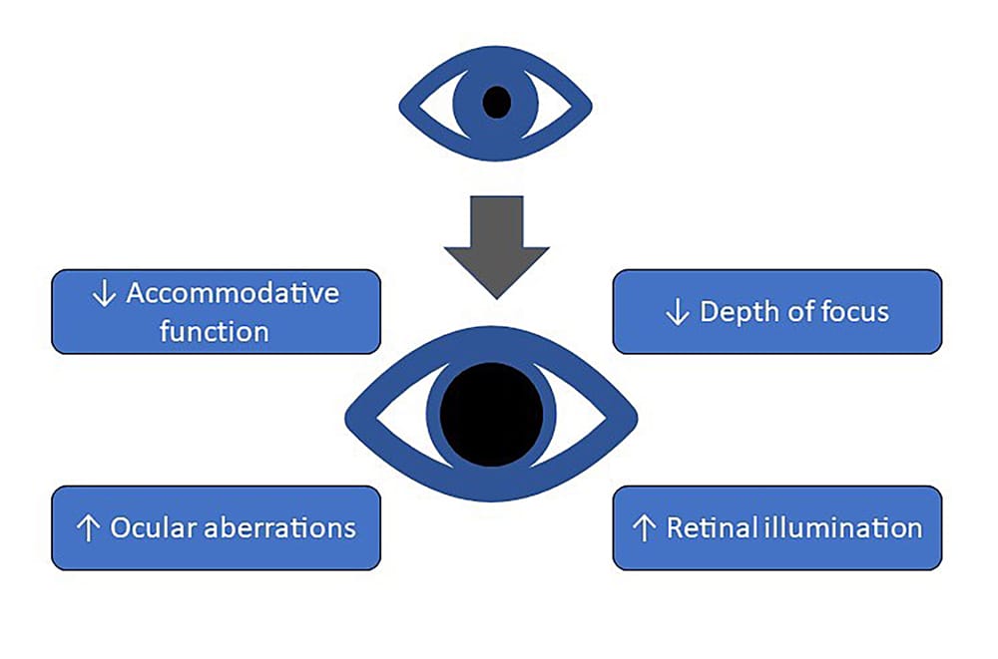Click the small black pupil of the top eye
point(496,102)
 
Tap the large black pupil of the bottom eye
point(491,414)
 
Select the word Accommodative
point(233,294)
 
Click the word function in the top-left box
point(215,330)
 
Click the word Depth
point(738,311)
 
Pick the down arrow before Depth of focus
point(677,312)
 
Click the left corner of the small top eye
point(403,103)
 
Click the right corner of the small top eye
point(589,103)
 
